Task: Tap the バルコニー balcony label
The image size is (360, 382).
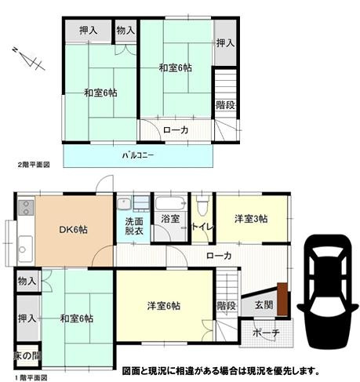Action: pos(137,154)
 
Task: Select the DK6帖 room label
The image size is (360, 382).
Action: pos(75,230)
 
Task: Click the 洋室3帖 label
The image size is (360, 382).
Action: pos(252,219)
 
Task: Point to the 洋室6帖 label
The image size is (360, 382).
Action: pos(164,305)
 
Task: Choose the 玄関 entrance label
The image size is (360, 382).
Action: pos(263,305)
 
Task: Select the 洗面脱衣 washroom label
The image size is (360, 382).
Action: pos(134,227)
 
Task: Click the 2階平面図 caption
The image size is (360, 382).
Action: pos(34,165)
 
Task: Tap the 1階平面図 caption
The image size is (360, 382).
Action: pos(29,377)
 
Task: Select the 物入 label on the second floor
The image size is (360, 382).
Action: pos(125,30)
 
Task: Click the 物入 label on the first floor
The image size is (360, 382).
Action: pos(26,281)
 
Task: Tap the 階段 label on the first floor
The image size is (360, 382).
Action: pos(226,305)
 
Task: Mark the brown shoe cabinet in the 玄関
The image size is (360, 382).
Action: pos(282,303)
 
